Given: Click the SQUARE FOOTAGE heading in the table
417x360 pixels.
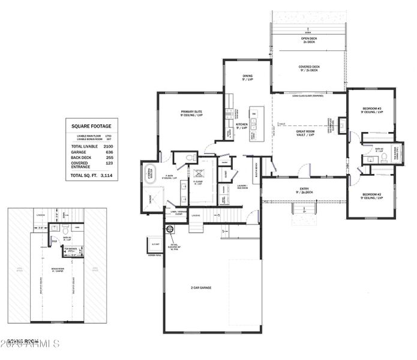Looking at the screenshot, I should point(91,126).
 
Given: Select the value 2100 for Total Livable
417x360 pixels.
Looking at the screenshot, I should point(108,146).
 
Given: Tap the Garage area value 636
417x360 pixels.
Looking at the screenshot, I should point(109,152).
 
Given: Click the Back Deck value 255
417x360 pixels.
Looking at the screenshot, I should point(109,157).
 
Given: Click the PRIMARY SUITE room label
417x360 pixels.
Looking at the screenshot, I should point(191,113).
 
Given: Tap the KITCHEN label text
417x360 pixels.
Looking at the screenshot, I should point(242,126).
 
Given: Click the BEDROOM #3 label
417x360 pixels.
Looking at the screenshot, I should point(372,110).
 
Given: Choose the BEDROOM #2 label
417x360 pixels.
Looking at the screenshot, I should point(372,196).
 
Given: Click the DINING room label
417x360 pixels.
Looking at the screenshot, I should point(247,77).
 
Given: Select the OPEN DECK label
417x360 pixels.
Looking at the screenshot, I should point(309,40).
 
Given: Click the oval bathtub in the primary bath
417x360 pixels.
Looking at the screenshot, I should point(150,175).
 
